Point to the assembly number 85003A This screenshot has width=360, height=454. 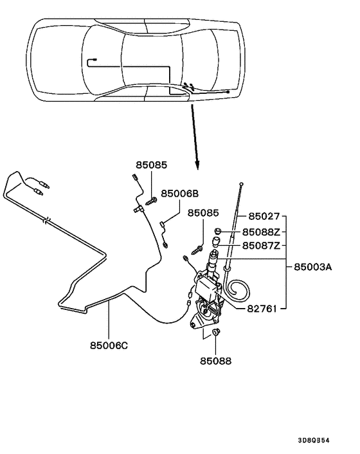[x=314, y=266]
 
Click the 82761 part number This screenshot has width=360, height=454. [x=262, y=308]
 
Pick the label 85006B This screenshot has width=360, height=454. [x=179, y=193]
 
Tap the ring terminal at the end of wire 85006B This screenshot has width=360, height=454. [x=165, y=244]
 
